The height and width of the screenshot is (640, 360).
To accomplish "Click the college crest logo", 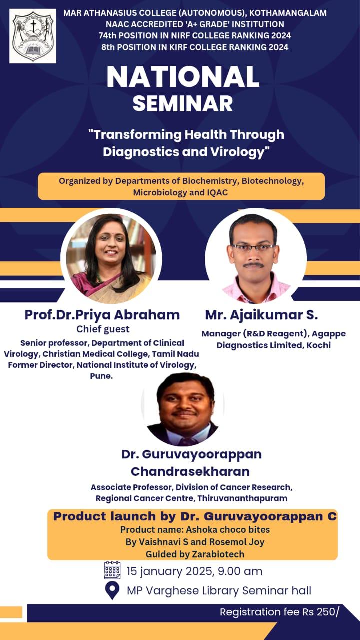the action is point(33,36).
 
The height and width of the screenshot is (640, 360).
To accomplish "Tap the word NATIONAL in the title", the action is point(183,77).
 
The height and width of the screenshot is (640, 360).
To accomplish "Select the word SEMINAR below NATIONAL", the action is point(183,103).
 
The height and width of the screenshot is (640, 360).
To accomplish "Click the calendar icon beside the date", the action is point(112,570).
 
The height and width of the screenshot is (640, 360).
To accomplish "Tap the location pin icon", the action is point(112,590).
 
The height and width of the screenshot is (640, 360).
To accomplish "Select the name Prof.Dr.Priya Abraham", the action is point(102,315).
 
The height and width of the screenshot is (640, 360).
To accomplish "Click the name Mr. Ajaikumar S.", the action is point(261,315).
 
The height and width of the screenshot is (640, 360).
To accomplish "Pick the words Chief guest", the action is point(103,329).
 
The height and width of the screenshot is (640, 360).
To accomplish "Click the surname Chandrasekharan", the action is point(190,471).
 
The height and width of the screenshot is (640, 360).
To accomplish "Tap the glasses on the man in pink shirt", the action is point(253,247).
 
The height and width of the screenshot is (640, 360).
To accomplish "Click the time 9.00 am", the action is point(240,571).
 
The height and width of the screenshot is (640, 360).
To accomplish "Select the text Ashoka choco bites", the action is point(228,530).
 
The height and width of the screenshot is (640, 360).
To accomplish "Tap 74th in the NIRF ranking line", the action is point(107,35).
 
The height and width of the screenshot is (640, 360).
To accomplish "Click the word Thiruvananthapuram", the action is point(242,499).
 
